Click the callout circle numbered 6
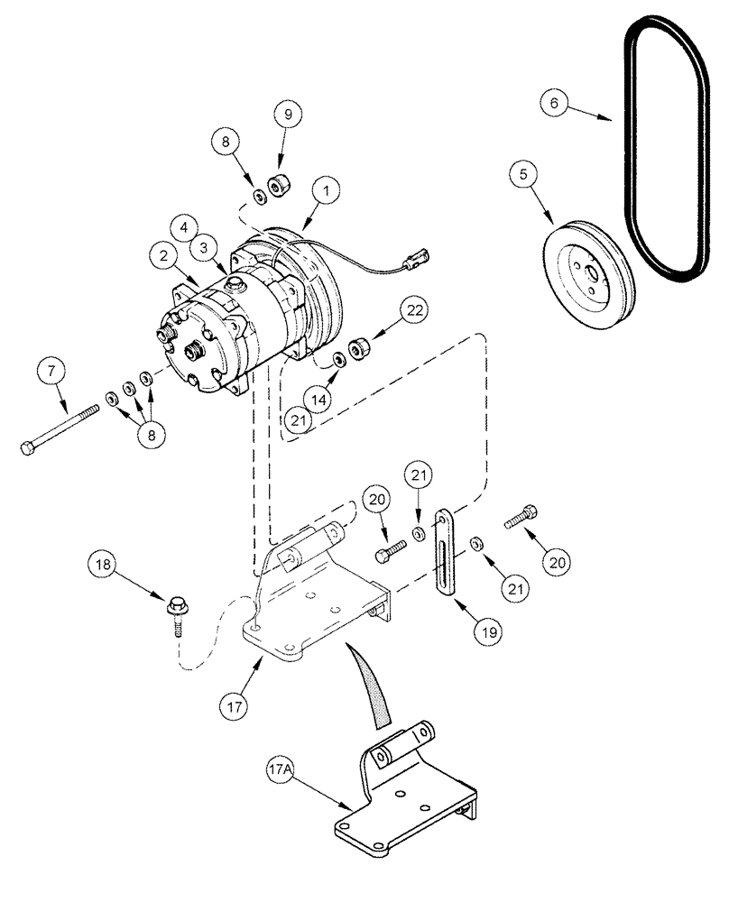pyautogui.click(x=555, y=104)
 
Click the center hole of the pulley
pyautogui.click(x=589, y=275)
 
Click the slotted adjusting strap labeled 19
pyautogui.click(x=445, y=551)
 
